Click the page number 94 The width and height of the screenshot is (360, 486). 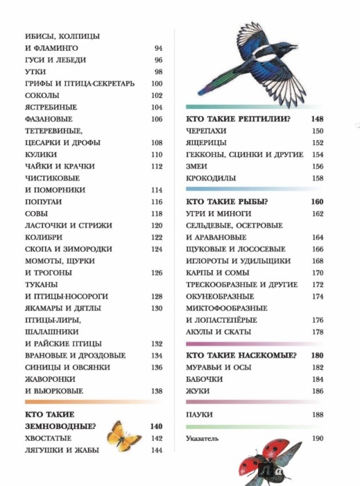coord(158,48)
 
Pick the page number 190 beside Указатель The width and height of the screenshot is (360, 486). coord(318,439)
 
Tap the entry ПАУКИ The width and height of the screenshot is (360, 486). coord(200,415)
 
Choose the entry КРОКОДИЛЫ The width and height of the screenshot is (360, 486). coord(211,178)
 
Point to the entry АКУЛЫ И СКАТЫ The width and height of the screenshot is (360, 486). coord(217,332)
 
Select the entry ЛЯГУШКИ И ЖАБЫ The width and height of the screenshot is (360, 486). coord(61,450)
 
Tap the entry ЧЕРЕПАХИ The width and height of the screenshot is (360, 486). coord(207,131)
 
